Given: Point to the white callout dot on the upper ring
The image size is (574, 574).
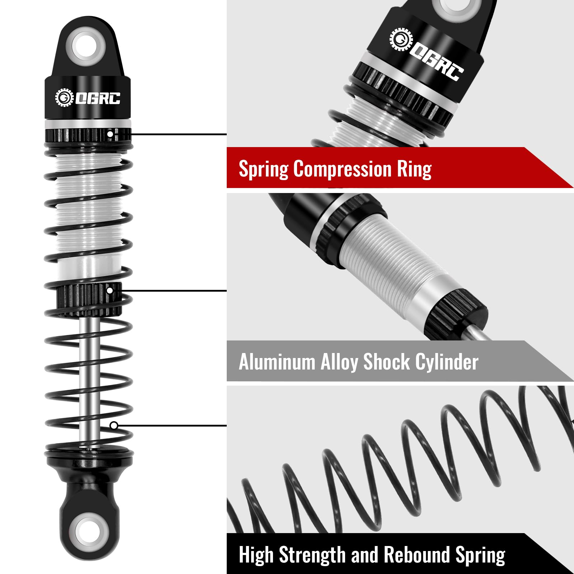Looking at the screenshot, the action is [x=110, y=134].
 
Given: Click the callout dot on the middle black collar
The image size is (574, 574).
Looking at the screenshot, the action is [x=110, y=290].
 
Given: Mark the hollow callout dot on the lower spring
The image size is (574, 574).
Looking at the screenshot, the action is [x=114, y=425].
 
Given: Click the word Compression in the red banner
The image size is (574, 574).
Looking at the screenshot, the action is [x=342, y=169].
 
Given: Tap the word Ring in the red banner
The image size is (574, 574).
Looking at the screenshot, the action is [x=414, y=169].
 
